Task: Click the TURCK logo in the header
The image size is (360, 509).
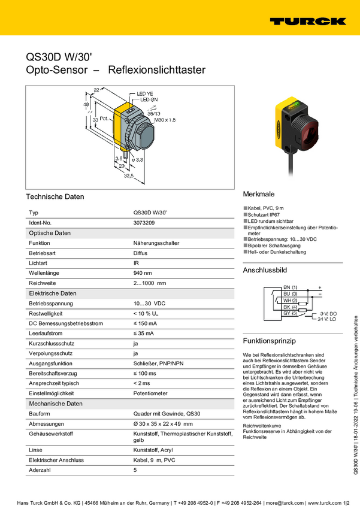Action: point(307,21)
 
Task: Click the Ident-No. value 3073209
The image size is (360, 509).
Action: point(144,223)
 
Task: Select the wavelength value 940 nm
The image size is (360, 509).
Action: point(143,273)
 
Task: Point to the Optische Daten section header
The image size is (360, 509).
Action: point(50,233)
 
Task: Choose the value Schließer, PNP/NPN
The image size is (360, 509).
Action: point(159,363)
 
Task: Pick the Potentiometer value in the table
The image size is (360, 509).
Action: point(150,393)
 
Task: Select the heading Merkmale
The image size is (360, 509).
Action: point(258,195)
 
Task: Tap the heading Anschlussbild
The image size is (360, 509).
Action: point(265,271)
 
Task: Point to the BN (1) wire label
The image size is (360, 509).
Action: point(290,287)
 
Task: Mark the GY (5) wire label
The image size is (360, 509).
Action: point(290,313)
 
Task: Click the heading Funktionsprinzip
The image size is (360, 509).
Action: point(269,341)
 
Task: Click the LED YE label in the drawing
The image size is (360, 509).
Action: point(146,94)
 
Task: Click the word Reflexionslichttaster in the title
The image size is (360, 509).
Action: point(156,70)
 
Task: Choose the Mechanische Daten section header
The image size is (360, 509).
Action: point(55,404)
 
